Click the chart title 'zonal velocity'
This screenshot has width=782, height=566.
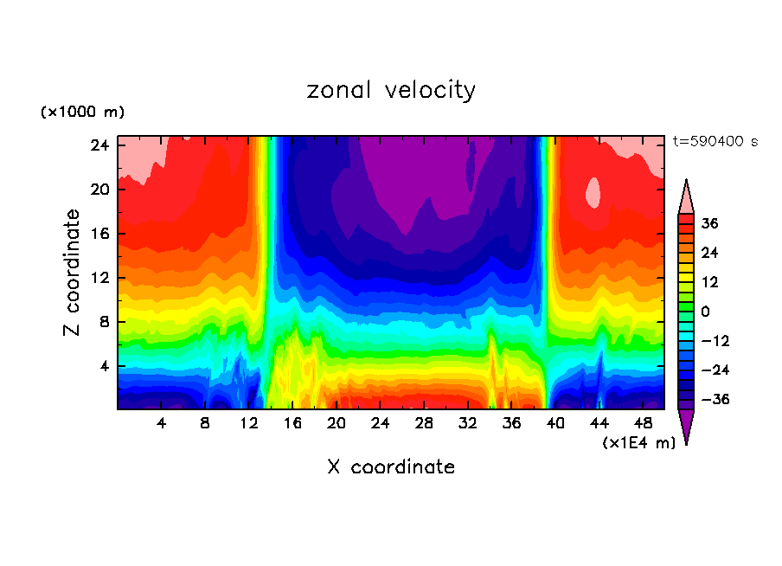[391, 90]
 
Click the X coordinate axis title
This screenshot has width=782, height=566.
[391, 467]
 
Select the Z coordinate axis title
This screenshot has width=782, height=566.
[74, 273]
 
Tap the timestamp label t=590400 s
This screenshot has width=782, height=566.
[715, 141]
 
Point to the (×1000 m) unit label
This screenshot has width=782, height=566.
[82, 113]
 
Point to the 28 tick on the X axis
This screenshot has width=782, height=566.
[424, 423]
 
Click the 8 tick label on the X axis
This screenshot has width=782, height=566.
[205, 423]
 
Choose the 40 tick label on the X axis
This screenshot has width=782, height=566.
[554, 423]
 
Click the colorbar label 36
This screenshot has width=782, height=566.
[709, 223]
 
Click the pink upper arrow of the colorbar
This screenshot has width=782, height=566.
[686, 197]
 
